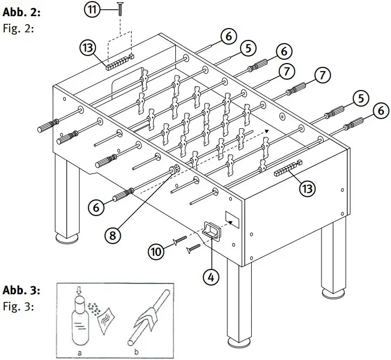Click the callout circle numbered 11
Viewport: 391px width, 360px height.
pos(92,10)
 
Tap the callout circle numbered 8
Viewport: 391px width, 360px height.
pos(113,234)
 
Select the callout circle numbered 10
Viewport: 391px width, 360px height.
pos(156,252)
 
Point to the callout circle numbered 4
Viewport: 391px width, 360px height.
pos(211,277)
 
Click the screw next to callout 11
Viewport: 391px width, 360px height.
pos(120,9)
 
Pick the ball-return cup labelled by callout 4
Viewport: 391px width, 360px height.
pos(211,231)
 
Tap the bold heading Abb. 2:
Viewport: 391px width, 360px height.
pos(21,12)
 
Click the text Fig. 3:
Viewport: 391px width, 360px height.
pos(18,306)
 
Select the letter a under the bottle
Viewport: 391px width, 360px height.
pos(79,353)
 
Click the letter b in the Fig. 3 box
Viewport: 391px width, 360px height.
pos(136,352)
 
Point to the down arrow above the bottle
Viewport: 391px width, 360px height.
pos(79,290)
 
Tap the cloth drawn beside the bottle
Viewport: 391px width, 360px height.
pos(106,321)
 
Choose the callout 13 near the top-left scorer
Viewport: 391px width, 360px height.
pos(88,48)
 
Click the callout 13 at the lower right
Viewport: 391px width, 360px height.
pos(307,188)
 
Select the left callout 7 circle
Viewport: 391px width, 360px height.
pos(286,72)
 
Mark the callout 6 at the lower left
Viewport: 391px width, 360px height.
pos(96,207)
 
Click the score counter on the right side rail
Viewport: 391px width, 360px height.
pos(289,169)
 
